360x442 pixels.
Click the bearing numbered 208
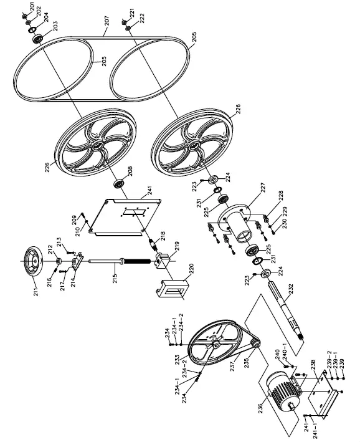[x=116, y=186]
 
